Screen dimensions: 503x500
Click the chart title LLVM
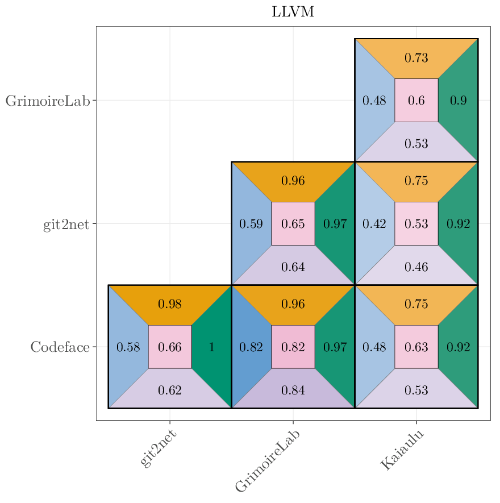click(293, 12)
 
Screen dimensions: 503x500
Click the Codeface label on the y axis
click(60, 347)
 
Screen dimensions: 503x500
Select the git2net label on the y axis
click(66, 224)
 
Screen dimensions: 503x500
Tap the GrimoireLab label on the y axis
click(48, 101)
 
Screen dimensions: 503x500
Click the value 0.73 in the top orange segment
click(416, 58)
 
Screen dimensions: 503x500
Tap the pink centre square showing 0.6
click(416, 101)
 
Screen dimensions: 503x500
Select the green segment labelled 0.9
click(459, 101)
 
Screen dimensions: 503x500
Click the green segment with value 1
click(212, 347)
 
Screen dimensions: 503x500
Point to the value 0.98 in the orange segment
click(169, 304)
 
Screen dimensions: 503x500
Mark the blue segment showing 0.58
click(128, 347)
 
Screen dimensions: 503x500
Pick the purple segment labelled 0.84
click(293, 390)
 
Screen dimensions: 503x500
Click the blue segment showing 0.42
click(374, 224)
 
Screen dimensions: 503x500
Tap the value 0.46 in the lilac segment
click(416, 267)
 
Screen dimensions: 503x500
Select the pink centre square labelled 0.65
click(293, 224)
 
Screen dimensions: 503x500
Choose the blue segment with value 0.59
click(251, 224)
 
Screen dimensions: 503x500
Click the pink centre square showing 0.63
click(416, 347)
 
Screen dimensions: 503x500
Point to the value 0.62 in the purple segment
click(169, 390)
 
